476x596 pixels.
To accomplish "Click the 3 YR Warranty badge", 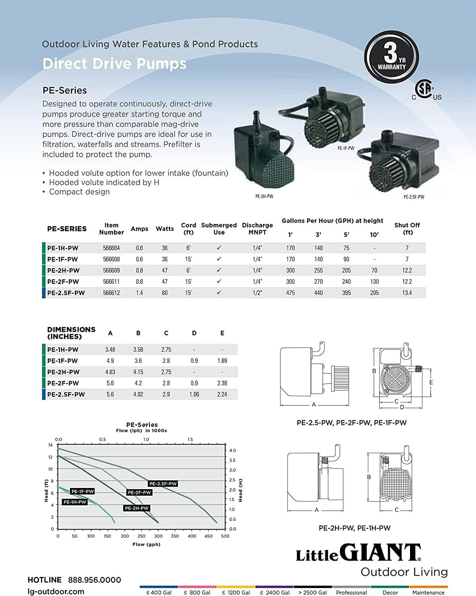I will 391,57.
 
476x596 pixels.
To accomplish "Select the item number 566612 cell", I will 111,293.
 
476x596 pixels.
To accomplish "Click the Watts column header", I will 164,229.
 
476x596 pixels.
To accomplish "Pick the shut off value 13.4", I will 407,293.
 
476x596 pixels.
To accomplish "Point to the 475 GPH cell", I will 290,293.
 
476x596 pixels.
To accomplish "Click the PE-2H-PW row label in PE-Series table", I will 63,271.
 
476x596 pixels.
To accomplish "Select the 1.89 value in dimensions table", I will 222,361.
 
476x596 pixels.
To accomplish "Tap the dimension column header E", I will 222,333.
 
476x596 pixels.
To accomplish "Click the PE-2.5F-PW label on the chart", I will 163,484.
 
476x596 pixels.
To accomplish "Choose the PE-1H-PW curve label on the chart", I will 75,502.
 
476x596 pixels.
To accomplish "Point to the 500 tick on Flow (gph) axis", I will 225,536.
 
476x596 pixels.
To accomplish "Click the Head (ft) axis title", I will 46,490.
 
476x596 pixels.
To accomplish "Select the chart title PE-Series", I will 142,425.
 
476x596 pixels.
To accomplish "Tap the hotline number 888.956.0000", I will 95,580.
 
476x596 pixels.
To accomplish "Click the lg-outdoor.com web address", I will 56,592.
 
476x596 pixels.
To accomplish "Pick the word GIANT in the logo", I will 380,553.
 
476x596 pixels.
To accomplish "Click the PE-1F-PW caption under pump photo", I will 346,148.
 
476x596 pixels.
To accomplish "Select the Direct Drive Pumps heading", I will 114,64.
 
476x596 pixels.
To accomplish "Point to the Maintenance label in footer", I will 428,592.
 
